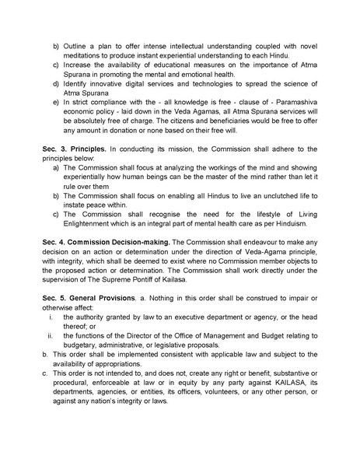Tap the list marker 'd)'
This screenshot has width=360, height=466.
(x=55, y=103)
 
